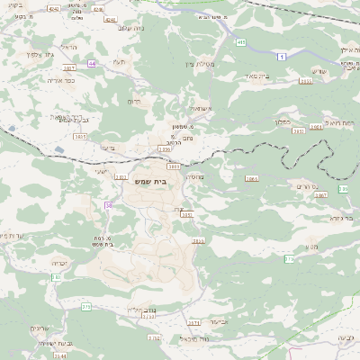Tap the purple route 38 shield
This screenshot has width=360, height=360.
[x=109, y=205]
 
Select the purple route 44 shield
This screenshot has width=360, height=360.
[x=93, y=64]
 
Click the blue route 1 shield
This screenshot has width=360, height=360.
[x=282, y=57]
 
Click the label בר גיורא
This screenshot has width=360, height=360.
[x=340, y=217]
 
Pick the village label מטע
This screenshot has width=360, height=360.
[x=311, y=246]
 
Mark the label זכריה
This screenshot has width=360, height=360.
[x=59, y=262]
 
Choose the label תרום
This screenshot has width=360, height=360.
[x=136, y=102]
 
